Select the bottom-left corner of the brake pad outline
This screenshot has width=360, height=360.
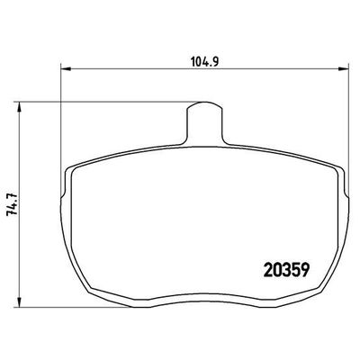tap(91, 297)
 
